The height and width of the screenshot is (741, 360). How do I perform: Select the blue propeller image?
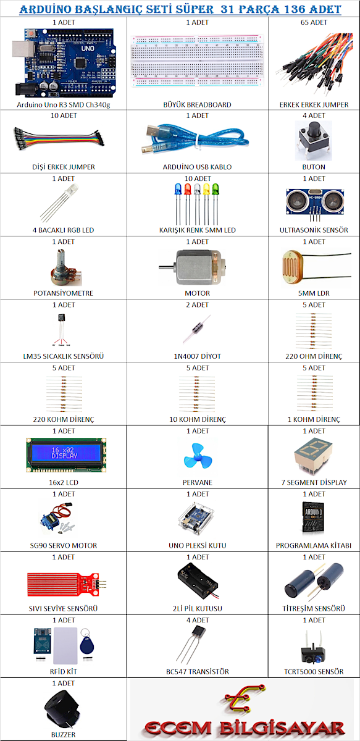click(198, 456)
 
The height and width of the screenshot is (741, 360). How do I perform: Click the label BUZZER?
click(63, 735)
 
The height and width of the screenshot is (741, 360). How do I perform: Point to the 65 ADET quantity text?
click(314, 22)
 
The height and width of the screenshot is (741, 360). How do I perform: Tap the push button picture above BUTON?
click(313, 141)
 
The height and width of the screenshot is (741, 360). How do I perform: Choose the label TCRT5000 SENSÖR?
click(314, 672)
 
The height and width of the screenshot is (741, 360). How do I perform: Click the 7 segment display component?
click(313, 455)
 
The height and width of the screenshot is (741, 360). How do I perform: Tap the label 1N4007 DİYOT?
click(198, 356)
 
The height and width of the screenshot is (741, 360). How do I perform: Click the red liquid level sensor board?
click(67, 585)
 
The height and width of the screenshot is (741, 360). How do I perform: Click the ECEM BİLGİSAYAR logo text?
click(245, 727)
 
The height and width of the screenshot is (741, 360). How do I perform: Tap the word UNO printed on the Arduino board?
click(88, 48)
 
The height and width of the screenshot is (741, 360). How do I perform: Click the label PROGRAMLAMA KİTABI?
click(314, 545)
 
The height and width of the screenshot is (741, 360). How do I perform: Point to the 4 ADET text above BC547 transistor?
click(198, 620)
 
